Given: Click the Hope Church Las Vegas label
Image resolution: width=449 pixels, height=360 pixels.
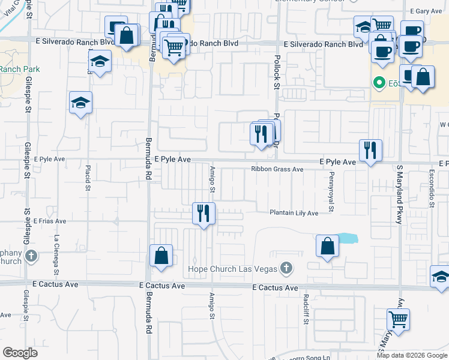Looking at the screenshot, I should (x=232, y=268).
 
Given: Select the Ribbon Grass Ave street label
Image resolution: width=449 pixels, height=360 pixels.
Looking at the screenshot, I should (x=277, y=169).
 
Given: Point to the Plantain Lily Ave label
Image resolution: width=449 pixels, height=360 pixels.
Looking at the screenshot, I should (x=294, y=212).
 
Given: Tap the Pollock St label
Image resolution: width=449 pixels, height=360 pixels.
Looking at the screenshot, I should (x=277, y=73).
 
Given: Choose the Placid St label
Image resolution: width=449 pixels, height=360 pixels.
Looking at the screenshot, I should (x=88, y=178).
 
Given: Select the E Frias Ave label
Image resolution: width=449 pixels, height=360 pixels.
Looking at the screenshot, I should (x=50, y=221).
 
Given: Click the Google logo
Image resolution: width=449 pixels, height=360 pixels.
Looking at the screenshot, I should (x=20, y=353).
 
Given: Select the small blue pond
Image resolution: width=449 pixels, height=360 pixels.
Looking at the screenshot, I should (x=347, y=238).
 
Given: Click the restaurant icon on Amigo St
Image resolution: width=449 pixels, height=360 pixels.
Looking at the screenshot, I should (x=204, y=213).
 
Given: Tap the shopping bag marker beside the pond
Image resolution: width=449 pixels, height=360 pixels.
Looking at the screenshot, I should (x=327, y=246).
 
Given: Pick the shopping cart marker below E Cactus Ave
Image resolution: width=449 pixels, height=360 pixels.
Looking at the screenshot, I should (x=398, y=319).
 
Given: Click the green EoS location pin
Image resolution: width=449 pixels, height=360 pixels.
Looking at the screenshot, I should (x=379, y=82).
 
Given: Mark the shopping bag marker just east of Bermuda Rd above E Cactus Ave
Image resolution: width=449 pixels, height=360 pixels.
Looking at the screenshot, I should (x=161, y=256).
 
